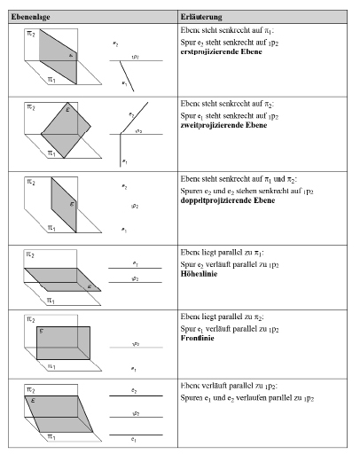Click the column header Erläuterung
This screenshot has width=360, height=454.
click(x=200, y=17)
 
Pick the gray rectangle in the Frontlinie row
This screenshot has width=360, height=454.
click(x=63, y=341)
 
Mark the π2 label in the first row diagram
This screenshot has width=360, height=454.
click(x=31, y=33)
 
